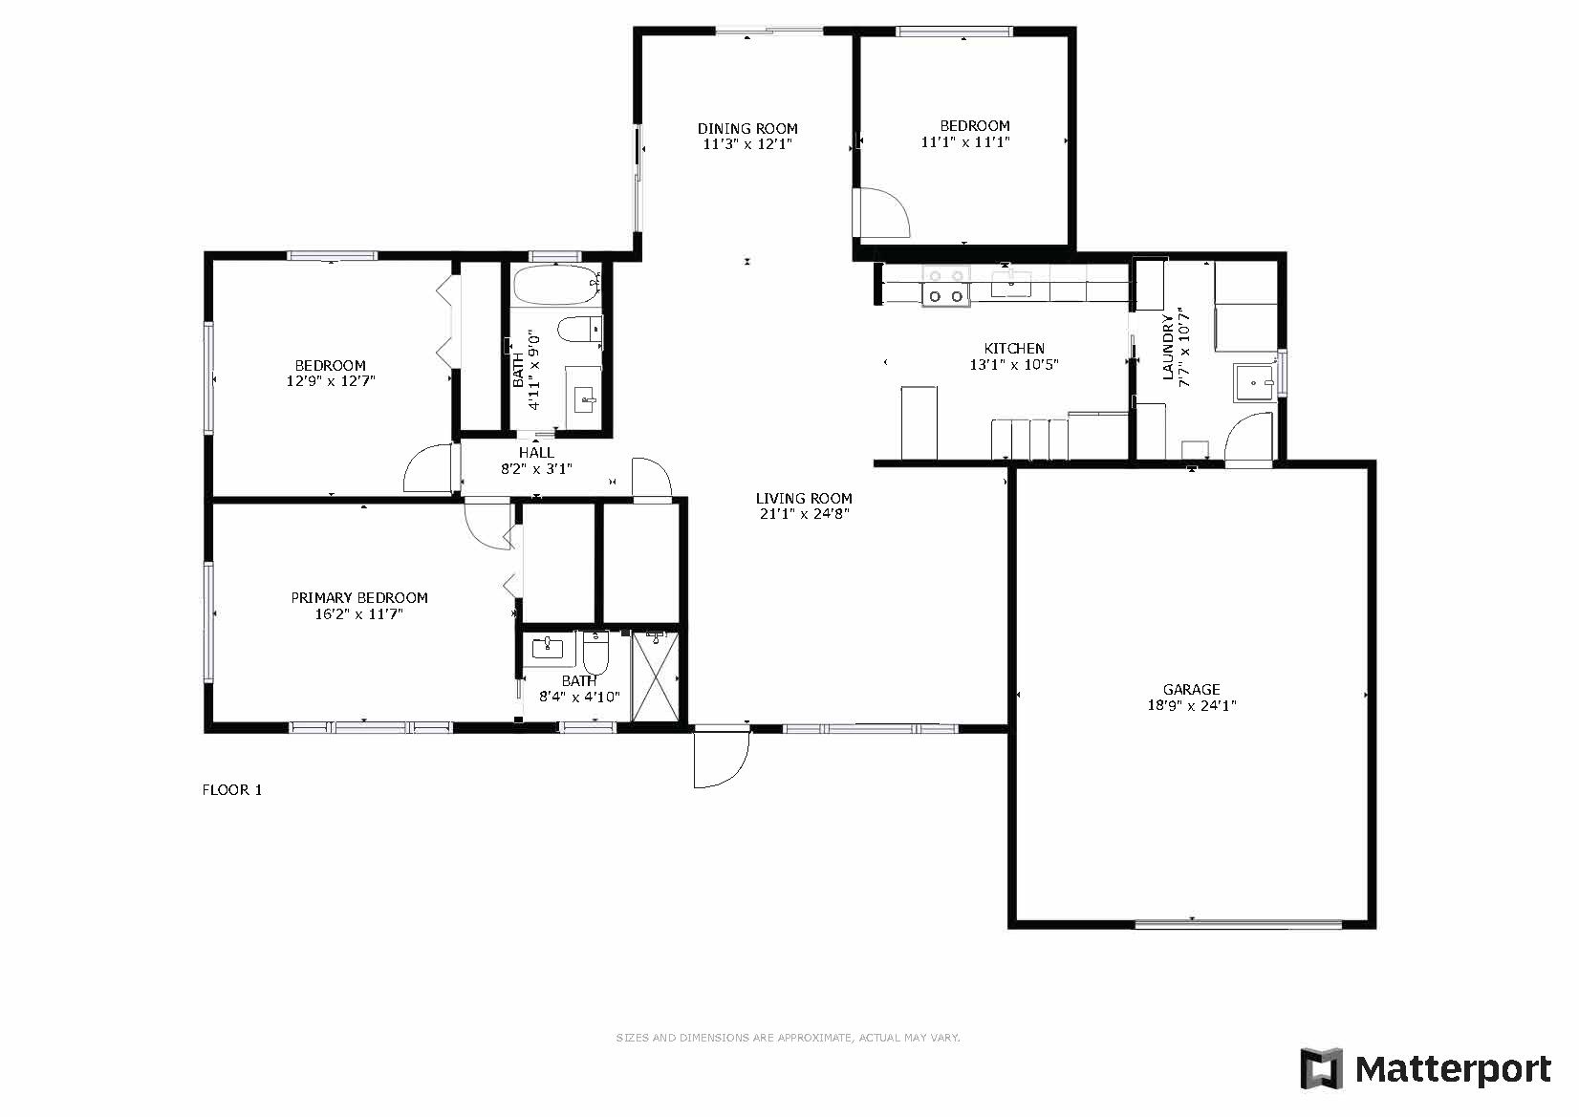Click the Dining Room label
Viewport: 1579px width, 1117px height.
pos(747,128)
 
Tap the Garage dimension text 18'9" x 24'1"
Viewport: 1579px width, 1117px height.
pos(1191,705)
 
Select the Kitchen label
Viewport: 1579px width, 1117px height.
pos(1014,348)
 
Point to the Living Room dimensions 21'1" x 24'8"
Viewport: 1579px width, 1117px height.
pos(804,514)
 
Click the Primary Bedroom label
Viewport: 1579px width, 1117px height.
pos(359,597)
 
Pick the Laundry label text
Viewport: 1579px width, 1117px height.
pos(1168,347)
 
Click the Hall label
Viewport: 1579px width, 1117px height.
pos(536,453)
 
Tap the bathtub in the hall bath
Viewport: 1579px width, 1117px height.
pos(557,286)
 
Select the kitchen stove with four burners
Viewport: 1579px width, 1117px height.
pos(946,286)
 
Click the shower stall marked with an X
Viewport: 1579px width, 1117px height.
pos(657,677)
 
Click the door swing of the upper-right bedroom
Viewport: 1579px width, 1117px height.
pos(881,212)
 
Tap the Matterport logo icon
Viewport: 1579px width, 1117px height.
pos(1322,1069)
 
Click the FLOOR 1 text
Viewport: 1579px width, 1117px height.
pos(232,790)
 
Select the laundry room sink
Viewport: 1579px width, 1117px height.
pos(1255,382)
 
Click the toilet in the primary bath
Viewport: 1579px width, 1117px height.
pos(595,652)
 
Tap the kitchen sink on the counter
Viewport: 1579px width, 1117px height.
pos(1011,283)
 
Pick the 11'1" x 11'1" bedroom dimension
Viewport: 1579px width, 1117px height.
pos(965,141)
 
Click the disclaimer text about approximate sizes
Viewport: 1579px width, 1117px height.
pos(789,1038)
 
